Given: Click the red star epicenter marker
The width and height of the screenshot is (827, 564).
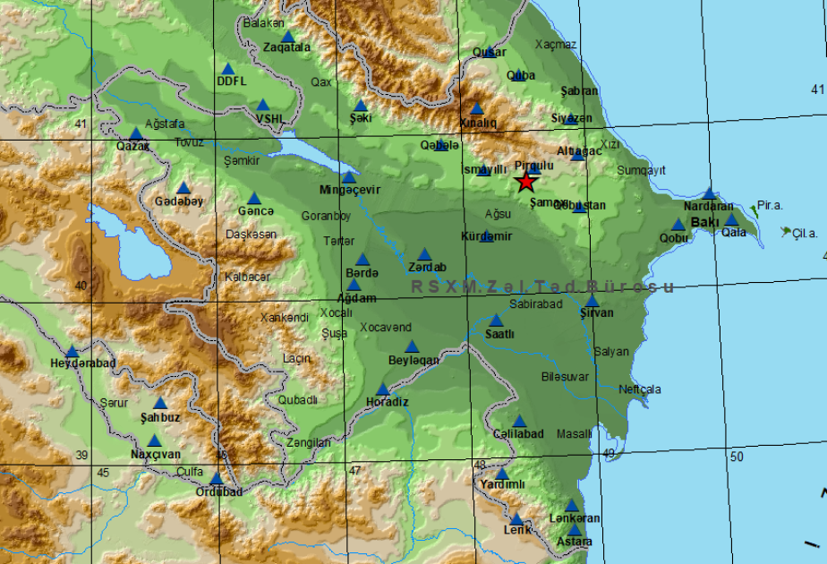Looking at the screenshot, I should [x=526, y=182].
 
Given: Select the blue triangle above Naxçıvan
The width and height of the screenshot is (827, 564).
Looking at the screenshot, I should [x=155, y=440].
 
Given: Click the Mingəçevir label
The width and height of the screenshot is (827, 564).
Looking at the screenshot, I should [x=350, y=191].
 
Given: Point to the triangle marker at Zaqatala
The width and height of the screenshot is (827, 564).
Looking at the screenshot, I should [x=288, y=38].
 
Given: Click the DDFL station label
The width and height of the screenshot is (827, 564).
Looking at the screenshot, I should [x=230, y=81].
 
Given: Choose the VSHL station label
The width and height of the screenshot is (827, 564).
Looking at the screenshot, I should [x=269, y=118].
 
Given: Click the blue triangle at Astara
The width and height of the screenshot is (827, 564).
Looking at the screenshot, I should [x=575, y=529].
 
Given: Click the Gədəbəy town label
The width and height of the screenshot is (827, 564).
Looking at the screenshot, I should [x=179, y=201].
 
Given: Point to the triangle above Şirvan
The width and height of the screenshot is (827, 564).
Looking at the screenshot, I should [x=592, y=301].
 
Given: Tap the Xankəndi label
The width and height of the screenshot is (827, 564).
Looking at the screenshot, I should [x=284, y=318].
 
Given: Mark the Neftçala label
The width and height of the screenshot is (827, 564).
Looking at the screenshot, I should [x=639, y=389].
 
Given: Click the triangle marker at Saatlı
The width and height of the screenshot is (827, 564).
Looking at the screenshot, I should [x=496, y=320].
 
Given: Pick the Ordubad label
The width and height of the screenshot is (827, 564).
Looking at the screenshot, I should [x=218, y=491].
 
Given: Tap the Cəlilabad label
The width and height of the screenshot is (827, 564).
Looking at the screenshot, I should [x=518, y=434].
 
